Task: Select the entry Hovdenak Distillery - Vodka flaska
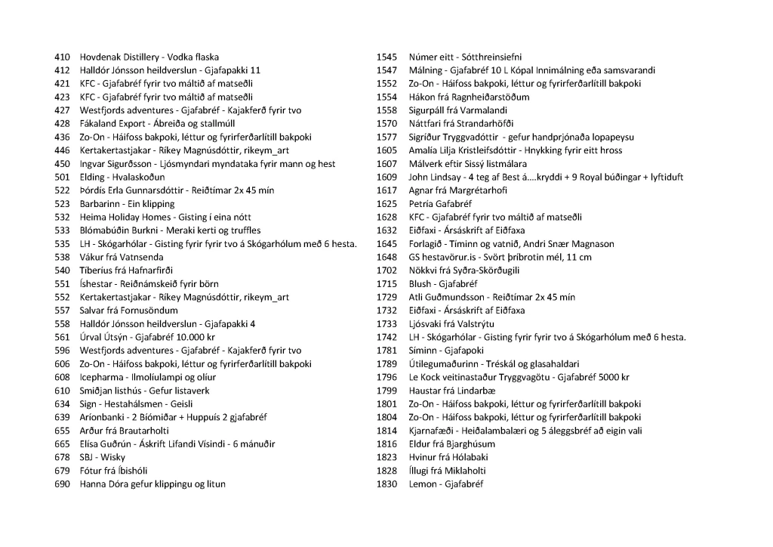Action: (149, 57)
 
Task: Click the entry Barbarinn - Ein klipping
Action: (127, 204)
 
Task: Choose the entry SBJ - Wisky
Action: (103, 457)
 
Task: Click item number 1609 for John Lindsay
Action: (386, 178)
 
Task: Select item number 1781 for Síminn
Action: (386, 351)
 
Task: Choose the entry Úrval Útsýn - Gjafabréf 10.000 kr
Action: (147, 337)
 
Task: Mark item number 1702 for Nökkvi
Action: (386, 270)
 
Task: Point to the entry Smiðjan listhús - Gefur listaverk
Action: (145, 391)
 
